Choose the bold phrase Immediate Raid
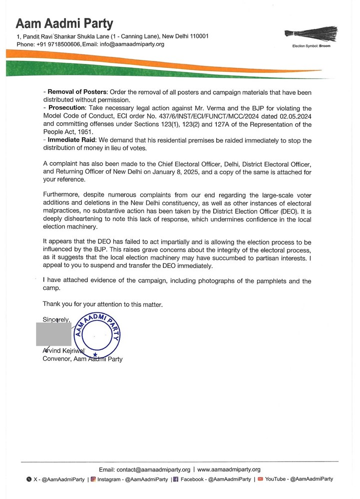pyautogui.click(x=70, y=140)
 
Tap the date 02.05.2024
pyautogui.click(x=295, y=116)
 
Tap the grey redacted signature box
pyautogui.click(x=53, y=334)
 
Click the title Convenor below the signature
pyautogui.click(x=57, y=359)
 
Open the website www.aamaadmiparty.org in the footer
pyautogui.click(x=229, y=470)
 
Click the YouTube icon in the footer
pyautogui.click(x=260, y=479)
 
